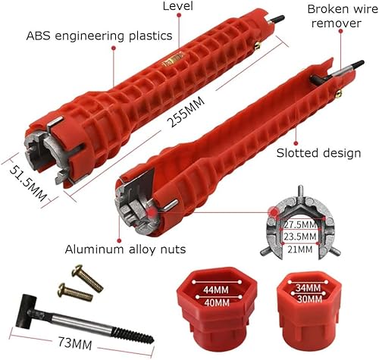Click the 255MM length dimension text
tap(186, 111)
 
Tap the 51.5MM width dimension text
tap(28, 183)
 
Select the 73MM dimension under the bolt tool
tap(75, 343)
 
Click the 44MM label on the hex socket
tap(216, 290)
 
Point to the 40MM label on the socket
tap(217, 302)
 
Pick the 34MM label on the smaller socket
tap(309, 288)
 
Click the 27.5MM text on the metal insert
tap(300, 224)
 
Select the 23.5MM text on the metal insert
tap(300, 236)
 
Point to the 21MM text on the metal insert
tap(300, 249)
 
